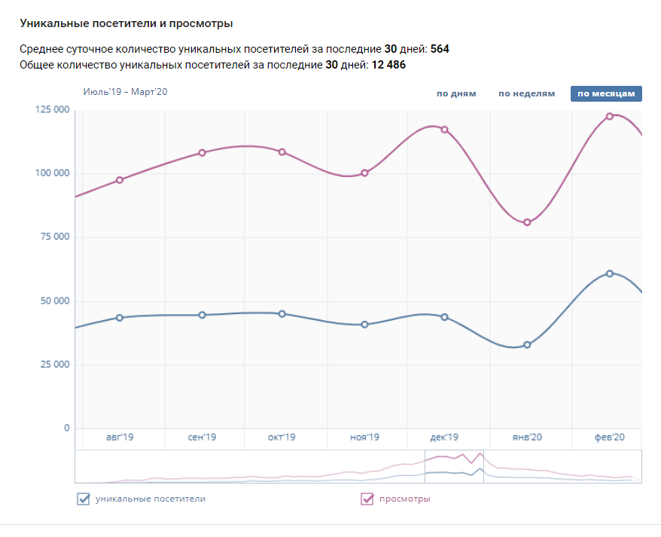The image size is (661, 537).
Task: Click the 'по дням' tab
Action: point(456,94)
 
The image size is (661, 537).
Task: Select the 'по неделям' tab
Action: point(526,94)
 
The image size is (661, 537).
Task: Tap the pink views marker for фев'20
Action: point(610,116)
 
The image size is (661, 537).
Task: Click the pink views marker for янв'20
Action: point(527,222)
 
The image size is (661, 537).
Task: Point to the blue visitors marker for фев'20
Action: point(610,273)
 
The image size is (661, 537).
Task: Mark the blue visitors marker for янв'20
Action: point(527,345)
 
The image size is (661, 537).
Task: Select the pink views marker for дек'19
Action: point(444,130)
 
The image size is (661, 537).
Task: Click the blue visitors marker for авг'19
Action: point(120,318)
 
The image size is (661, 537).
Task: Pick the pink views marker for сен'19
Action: point(202,153)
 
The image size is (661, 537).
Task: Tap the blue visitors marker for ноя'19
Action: point(364,325)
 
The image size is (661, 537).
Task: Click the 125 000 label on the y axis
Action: point(52,110)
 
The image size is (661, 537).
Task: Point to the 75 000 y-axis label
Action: point(54,237)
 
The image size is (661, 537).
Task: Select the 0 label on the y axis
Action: point(66,429)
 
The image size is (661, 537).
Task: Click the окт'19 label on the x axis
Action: point(282,438)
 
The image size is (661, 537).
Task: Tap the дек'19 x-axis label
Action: point(444,438)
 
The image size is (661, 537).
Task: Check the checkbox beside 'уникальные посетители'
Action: point(84,499)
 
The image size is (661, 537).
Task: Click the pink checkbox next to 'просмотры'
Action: point(367,499)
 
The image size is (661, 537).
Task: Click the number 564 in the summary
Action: point(440,49)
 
